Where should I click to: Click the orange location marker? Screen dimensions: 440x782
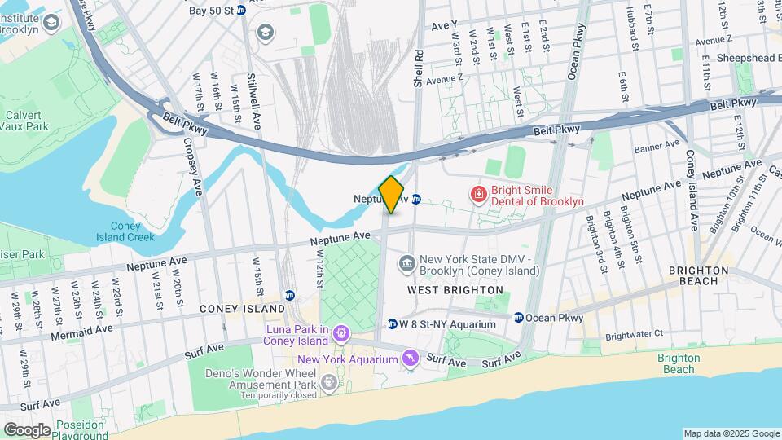392,194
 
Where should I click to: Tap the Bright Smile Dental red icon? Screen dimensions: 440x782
478,194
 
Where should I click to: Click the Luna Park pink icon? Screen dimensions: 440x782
340,332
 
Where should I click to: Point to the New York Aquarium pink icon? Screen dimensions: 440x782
411,358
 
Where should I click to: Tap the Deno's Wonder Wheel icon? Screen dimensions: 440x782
328,381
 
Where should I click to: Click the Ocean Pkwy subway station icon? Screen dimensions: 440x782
518,317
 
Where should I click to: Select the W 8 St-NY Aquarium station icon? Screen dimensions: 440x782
392,323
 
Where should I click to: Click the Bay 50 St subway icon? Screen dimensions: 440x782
241,11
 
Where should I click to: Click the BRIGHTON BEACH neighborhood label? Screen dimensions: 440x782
698,275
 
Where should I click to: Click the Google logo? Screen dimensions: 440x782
27,429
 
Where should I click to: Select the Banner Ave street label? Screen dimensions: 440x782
657,147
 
